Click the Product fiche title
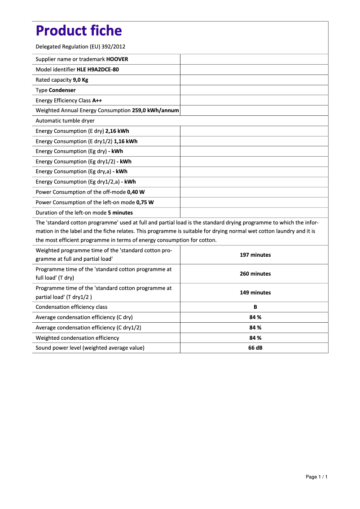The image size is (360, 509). pyautogui.click(x=79, y=31)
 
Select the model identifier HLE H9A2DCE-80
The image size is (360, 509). pyautogui.click(x=98, y=70)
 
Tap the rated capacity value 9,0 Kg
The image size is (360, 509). pyautogui.click(x=80, y=80)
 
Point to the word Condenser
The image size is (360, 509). pyautogui.click(x=62, y=90)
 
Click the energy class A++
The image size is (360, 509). pyautogui.click(x=97, y=101)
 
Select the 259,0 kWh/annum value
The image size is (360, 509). pyautogui.click(x=155, y=110)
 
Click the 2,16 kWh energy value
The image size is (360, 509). pyautogui.click(x=117, y=131)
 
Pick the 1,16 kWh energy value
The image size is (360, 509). pyautogui.click(x=126, y=141)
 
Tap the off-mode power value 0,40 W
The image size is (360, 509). pyautogui.click(x=136, y=192)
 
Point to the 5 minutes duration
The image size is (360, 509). pyautogui.click(x=120, y=213)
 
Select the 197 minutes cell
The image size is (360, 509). pyautogui.click(x=255, y=255)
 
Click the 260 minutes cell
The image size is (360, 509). pyautogui.click(x=255, y=274)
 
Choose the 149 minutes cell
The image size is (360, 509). pyautogui.click(x=255, y=293)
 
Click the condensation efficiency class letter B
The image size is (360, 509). pyautogui.click(x=255, y=307)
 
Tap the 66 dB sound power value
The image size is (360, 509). pyautogui.click(x=255, y=348)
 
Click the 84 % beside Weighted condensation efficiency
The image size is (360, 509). pyautogui.click(x=255, y=338)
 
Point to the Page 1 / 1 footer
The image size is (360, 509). pyautogui.click(x=316, y=477)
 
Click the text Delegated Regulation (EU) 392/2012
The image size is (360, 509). pyautogui.click(x=80, y=47)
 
